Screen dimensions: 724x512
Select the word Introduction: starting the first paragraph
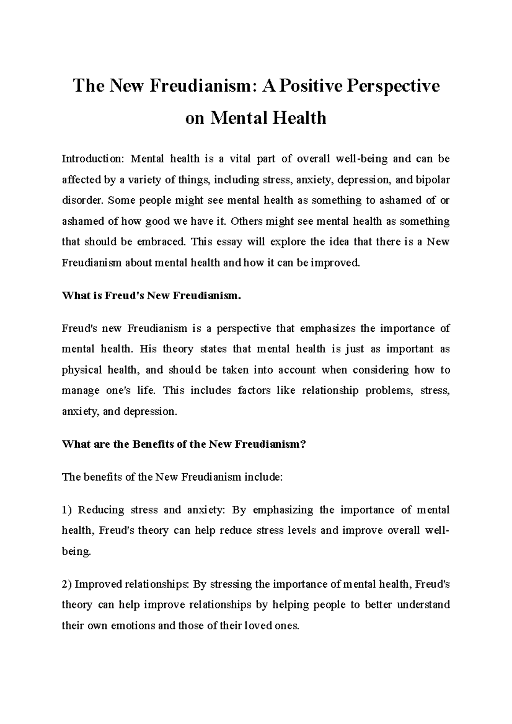(92, 159)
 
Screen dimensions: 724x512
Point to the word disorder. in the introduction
(82, 200)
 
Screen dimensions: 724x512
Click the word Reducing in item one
(101, 510)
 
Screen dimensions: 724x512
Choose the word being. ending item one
(76, 551)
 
